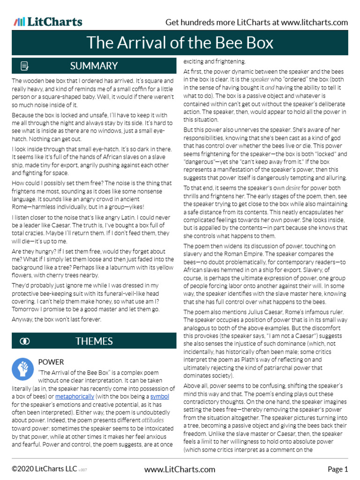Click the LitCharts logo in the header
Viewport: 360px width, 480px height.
(x=48, y=22)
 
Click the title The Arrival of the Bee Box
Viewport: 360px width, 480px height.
(x=180, y=43)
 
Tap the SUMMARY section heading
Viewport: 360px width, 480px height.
(x=94, y=66)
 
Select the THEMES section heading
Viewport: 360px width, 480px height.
(x=94, y=341)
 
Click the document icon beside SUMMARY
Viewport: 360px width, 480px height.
(x=24, y=66)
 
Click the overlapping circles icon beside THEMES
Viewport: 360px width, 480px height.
(x=24, y=341)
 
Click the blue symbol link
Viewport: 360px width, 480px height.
(x=159, y=397)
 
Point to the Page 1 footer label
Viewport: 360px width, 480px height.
(x=337, y=469)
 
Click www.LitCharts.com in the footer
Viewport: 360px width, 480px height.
(x=180, y=469)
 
